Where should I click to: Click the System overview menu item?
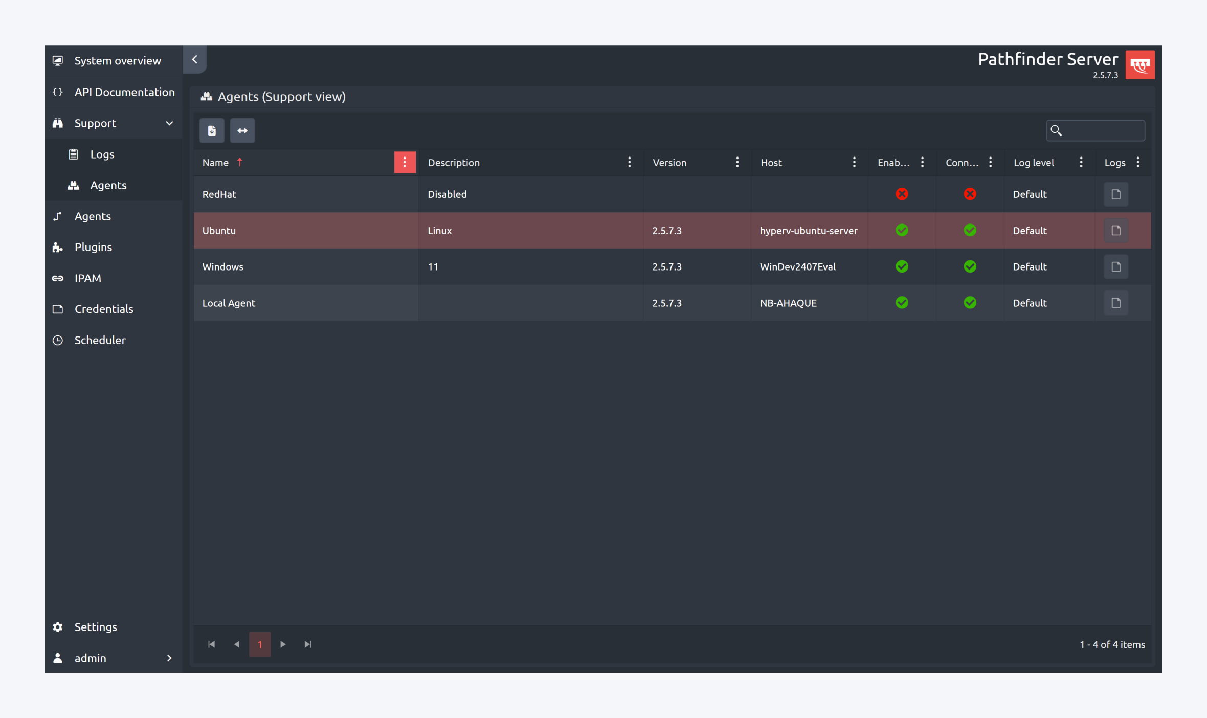pyautogui.click(x=117, y=61)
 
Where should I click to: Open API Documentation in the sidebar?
pyautogui.click(x=124, y=92)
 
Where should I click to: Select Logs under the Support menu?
pyautogui.click(x=102, y=154)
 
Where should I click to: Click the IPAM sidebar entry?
pyautogui.click(x=87, y=278)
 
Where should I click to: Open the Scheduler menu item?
pyautogui.click(x=100, y=340)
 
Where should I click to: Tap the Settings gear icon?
pyautogui.click(x=58, y=627)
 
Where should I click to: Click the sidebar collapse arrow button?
pyautogui.click(x=195, y=60)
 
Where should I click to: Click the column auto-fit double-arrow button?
pyautogui.click(x=242, y=131)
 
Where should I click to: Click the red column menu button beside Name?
pyautogui.click(x=405, y=163)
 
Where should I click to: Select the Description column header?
pyautogui.click(x=454, y=163)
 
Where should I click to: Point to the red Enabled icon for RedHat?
pyautogui.click(x=902, y=194)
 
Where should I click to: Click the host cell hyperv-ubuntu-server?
pyautogui.click(x=808, y=231)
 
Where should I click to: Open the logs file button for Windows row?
pyautogui.click(x=1115, y=267)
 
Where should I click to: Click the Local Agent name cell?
pyautogui.click(x=229, y=303)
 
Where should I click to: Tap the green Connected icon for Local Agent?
pyautogui.click(x=970, y=303)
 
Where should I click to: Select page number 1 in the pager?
pyautogui.click(x=260, y=644)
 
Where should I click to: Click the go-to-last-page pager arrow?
pyautogui.click(x=308, y=644)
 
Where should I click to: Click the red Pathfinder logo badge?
pyautogui.click(x=1140, y=65)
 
